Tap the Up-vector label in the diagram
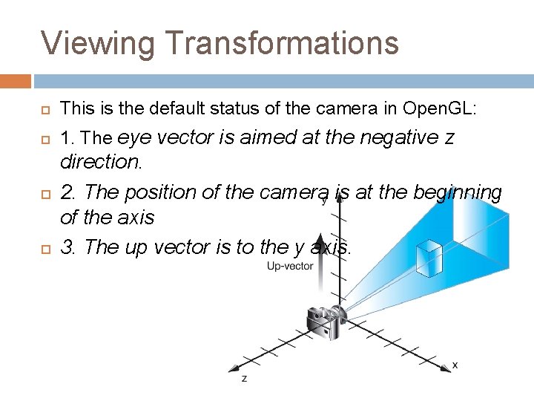290,267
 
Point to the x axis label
455,365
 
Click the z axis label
245,379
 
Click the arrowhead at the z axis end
234,368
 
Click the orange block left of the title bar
16,80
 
